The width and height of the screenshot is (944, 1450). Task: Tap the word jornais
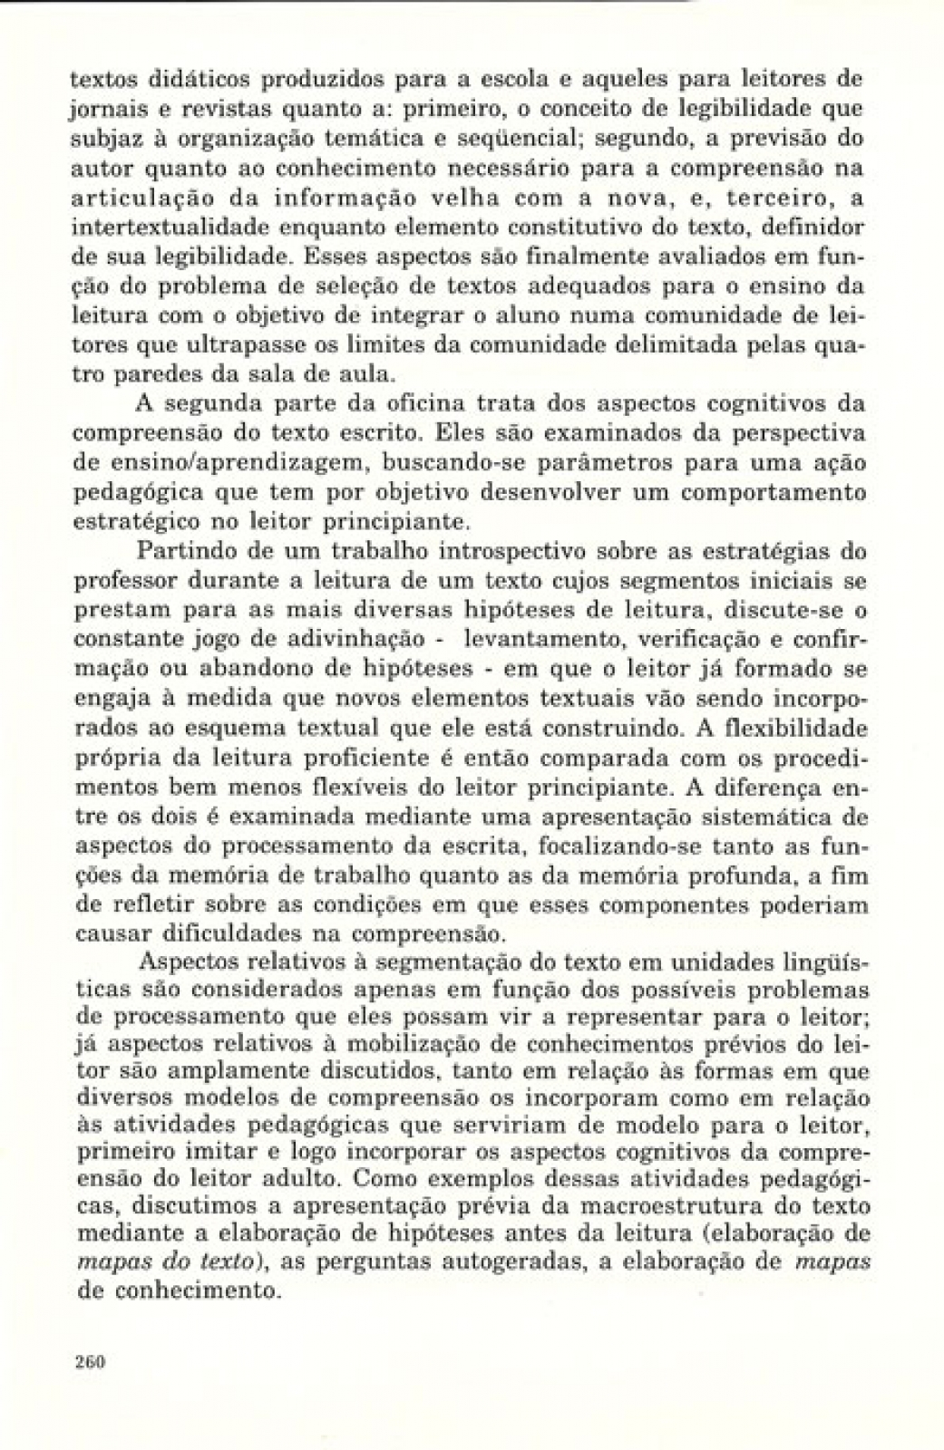click(102, 111)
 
